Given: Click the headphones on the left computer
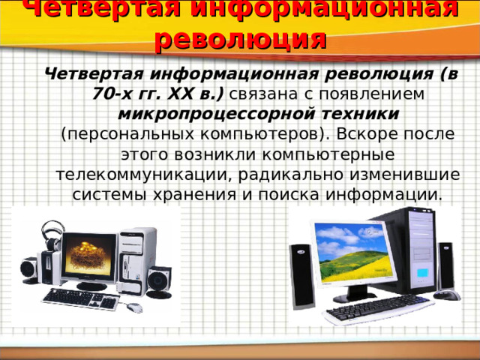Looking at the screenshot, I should pos(51,234).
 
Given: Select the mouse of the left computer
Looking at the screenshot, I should pos(135,307).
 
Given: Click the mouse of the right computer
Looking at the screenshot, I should pos(448,295).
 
